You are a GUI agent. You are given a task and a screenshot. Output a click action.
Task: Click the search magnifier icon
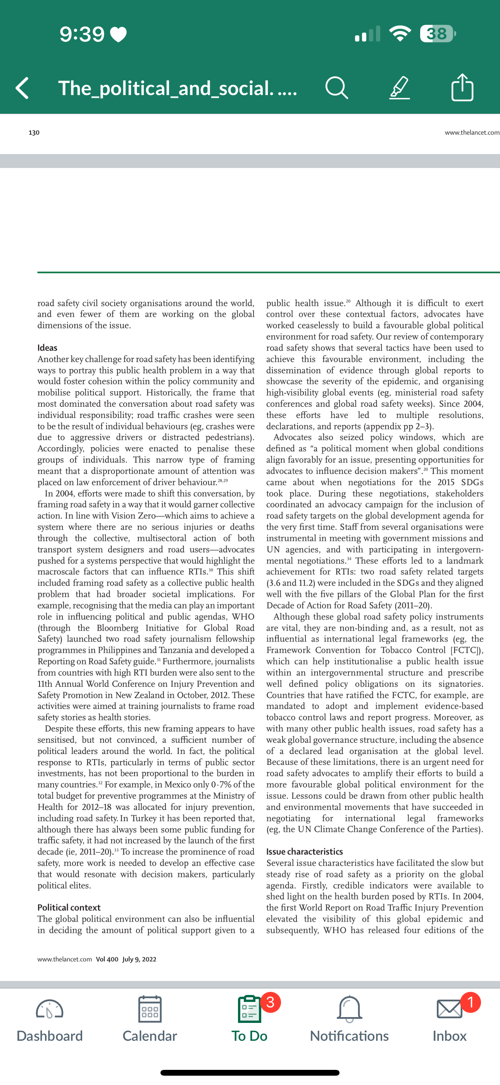point(336,88)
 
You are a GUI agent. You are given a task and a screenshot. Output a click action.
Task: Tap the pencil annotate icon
point(399,88)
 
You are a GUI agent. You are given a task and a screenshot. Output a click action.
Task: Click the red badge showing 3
point(271,1002)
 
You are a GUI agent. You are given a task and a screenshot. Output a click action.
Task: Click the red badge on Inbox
point(471,1002)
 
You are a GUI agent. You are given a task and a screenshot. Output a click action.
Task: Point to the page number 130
point(34,133)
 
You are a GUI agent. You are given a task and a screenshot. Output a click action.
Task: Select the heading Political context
point(69,908)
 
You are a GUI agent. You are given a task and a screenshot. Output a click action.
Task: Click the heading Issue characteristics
point(304,852)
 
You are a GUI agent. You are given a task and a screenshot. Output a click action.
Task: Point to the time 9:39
point(82,34)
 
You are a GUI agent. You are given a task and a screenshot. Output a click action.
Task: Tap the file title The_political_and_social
point(177,88)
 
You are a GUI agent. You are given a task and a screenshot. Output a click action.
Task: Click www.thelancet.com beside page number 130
point(472,133)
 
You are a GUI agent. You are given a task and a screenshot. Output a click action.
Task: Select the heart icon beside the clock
point(119,35)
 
